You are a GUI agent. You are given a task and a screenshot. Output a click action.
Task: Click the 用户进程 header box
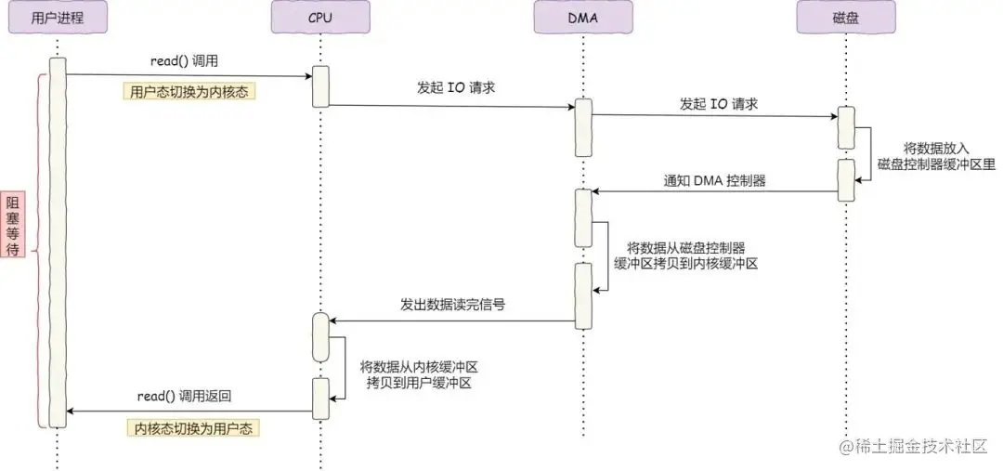point(57,18)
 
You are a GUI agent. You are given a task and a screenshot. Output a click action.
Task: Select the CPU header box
point(320,18)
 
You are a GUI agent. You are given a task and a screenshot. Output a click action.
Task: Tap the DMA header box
point(582,18)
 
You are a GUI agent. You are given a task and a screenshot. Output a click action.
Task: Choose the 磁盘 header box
point(846,18)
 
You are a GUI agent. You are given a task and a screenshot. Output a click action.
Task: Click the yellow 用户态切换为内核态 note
point(189,92)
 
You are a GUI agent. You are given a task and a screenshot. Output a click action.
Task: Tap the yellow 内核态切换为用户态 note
point(193,428)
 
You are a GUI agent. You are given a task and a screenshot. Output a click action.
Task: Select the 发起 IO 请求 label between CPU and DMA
point(451,89)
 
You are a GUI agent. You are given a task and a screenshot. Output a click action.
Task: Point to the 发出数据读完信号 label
point(452,304)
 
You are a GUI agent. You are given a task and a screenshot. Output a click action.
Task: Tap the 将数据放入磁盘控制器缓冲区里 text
point(936,156)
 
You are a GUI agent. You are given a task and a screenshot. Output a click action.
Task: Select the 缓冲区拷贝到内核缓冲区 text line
point(686,264)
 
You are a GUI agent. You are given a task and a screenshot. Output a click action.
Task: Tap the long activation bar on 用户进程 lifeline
point(58,242)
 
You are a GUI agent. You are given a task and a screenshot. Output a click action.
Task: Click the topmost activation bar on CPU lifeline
point(320,85)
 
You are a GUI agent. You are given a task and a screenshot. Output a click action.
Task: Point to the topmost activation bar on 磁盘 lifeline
point(846,126)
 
